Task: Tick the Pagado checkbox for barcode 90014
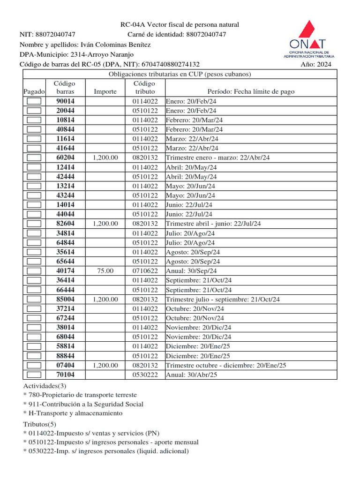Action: pos(34,101)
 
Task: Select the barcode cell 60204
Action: pos(65,157)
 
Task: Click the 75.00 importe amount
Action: pos(105,271)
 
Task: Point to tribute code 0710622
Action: pos(144,271)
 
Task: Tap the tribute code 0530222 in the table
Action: pos(144,375)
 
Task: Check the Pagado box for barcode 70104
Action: pos(34,375)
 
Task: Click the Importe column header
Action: pos(105,92)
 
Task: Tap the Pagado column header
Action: pos(34,92)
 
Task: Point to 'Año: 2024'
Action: pos(315,65)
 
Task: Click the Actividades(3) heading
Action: pos(45,385)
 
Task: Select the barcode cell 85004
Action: pos(65,299)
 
